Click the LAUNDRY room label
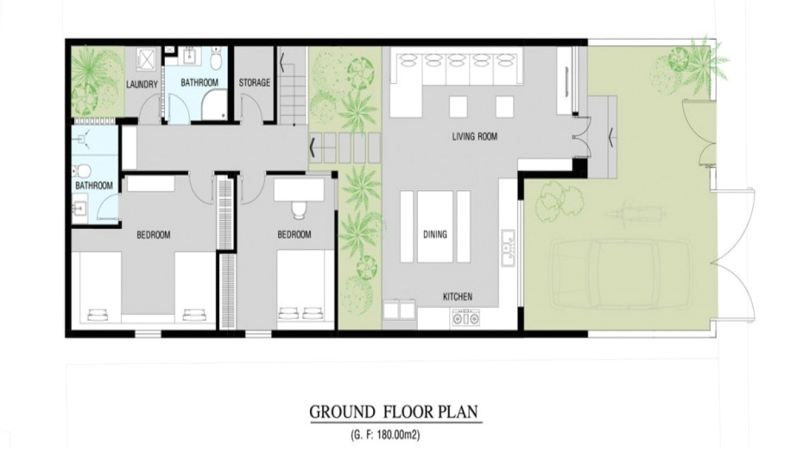142,84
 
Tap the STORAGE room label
255,83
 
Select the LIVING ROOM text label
474,137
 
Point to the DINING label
435,234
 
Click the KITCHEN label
457,297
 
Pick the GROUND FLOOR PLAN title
394,412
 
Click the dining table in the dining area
435,226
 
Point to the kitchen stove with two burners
466,319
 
